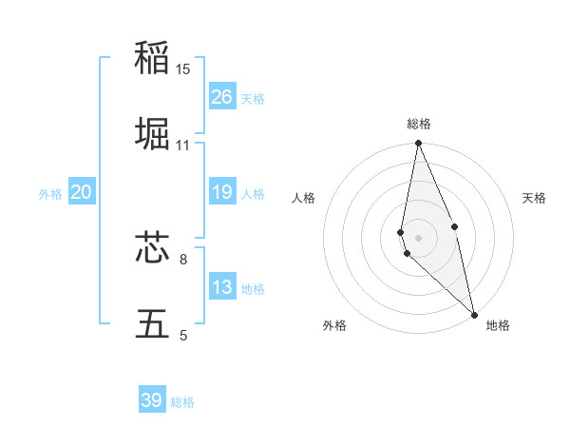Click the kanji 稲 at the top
[152, 58]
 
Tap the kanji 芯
[152, 248]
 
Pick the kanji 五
[152, 324]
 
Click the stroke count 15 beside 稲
[183, 69]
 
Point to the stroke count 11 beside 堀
[183, 146]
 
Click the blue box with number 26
[222, 97]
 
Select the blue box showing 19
[222, 192]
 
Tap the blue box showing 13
[222, 287]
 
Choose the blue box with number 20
[82, 192]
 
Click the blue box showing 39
[152, 400]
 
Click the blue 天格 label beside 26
[253, 98]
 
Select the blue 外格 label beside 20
[50, 193]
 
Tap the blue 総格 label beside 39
[182, 402]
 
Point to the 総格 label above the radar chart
[419, 124]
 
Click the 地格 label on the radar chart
[498, 326]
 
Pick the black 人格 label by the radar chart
[304, 198]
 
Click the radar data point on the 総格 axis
[418, 144]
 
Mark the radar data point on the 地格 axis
[474, 314]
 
